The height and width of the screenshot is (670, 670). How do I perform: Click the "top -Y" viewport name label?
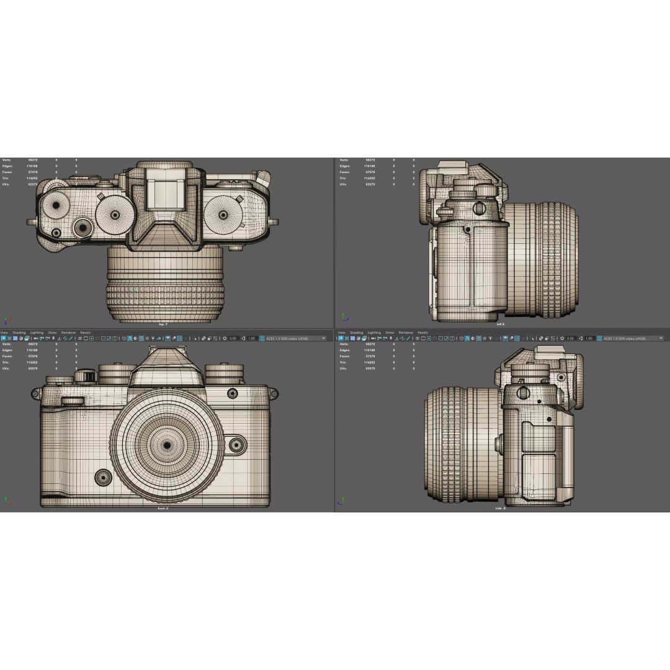coord(163,324)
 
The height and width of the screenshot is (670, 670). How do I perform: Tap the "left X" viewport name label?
coord(500,324)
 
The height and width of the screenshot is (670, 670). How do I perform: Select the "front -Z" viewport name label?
coord(163,508)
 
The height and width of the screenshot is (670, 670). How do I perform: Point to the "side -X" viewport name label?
coord(500,508)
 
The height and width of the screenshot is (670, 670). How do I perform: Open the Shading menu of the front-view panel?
coord(19,333)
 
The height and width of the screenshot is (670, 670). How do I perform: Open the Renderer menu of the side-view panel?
coord(406,333)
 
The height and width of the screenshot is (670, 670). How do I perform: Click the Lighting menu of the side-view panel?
coord(374,333)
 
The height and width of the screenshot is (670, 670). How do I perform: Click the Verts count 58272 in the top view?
coord(33,160)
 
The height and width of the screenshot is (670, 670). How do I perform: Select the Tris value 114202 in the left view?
coord(370,178)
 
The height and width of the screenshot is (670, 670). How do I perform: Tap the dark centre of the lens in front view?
coord(167,445)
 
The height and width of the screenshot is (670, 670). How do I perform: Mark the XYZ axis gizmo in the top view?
coord(7,321)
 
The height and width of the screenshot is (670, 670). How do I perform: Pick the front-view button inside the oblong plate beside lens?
coord(236,445)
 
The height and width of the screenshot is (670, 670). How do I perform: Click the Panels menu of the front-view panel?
coord(85,333)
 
